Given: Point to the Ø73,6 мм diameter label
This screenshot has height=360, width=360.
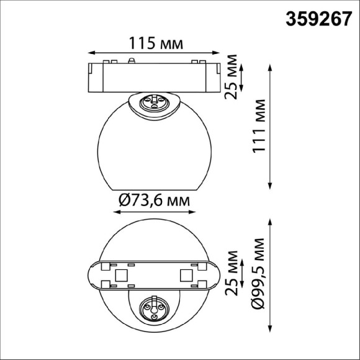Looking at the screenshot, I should click(x=153, y=200).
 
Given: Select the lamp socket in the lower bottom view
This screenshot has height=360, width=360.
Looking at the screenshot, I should click(x=152, y=307).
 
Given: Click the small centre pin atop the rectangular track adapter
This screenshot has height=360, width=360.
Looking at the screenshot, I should click(x=132, y=60).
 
